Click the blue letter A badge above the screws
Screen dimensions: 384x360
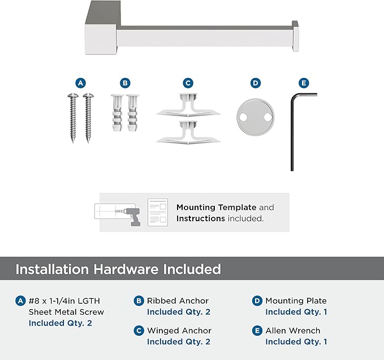tap(80, 83)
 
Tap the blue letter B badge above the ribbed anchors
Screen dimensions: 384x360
tap(125, 83)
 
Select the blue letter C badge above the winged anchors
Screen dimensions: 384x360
tap(188, 83)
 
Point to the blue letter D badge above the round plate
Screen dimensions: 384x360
tap(256, 83)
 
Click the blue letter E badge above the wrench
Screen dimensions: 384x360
tap(304, 83)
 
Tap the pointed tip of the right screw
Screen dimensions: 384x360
tap(88, 142)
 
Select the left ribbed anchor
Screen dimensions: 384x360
tap(117, 113)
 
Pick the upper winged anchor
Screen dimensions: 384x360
tap(188, 106)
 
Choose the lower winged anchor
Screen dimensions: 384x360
tap(188, 132)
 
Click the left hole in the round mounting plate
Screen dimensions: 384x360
tap(243, 117)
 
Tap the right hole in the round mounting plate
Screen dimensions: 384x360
tap(267, 117)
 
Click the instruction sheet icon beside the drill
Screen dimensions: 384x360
tap(158, 212)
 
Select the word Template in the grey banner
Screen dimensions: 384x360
tap(237, 207)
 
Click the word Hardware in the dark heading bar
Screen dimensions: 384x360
tap(126, 269)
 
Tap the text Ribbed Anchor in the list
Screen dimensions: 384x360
tap(178, 301)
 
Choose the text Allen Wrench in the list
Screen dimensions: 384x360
tap(293, 331)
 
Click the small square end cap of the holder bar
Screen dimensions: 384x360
tap(295, 36)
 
